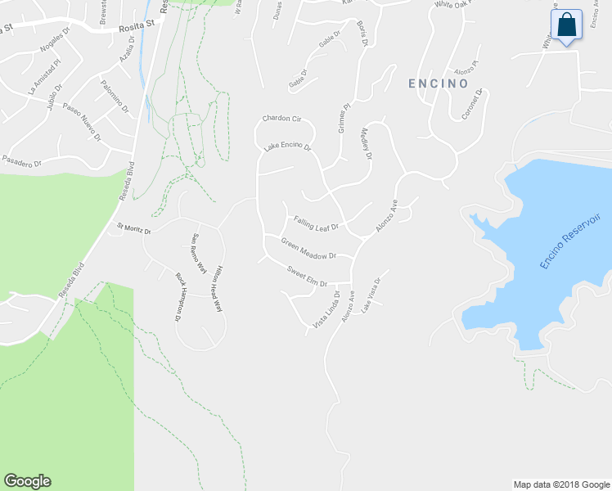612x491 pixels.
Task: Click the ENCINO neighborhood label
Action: click(438, 83)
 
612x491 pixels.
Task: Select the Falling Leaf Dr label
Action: click(317, 222)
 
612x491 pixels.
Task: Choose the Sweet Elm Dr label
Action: click(307, 275)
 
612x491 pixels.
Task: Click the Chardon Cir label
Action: click(282, 119)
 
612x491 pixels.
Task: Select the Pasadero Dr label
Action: click(21, 161)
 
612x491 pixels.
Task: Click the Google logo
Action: click(27, 481)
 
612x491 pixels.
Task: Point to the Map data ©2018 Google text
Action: click(561, 484)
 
